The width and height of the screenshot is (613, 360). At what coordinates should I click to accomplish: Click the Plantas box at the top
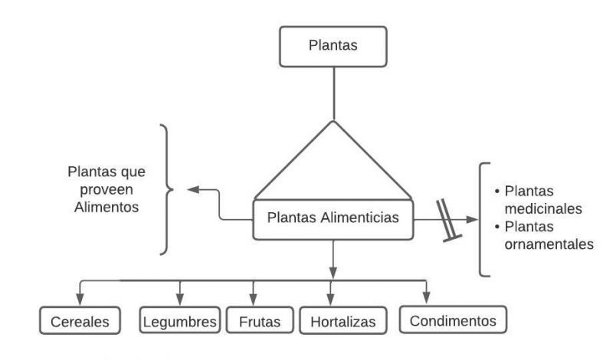(x=333, y=46)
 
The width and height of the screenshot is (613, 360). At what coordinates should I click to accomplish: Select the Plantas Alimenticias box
(x=333, y=218)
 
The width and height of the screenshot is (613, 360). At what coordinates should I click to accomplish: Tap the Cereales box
(x=80, y=322)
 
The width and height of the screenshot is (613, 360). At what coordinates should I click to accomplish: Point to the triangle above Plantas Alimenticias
(x=333, y=165)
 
